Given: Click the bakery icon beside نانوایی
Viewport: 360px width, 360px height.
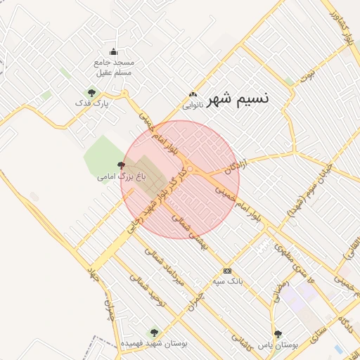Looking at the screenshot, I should [193, 95].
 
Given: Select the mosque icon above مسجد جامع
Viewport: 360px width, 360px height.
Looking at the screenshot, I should [114, 51].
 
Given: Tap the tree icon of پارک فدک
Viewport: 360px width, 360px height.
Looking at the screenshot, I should [91, 92].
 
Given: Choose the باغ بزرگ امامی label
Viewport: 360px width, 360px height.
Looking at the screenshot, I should [121, 176].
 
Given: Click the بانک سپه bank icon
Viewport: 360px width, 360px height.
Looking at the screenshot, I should [227, 270].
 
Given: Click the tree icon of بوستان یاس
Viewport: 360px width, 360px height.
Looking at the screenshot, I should [278, 335].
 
